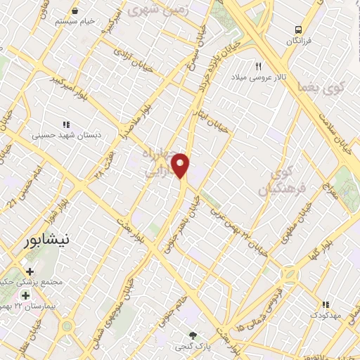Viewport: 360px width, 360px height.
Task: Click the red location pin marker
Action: point(181,166)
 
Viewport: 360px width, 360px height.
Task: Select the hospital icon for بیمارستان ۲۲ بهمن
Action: point(26,295)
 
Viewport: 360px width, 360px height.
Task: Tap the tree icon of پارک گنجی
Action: point(193,335)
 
